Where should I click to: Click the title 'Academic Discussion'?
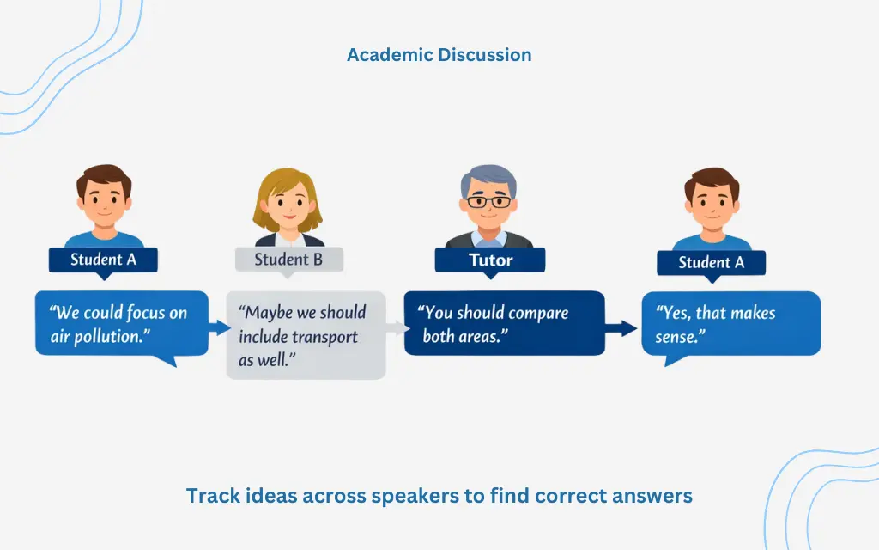coord(439,55)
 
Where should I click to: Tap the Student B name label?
coord(288,260)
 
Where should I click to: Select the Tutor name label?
coord(490,260)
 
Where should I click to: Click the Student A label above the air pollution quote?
coord(103,260)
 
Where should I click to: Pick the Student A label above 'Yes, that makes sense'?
coord(712,262)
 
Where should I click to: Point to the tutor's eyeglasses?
coord(488,201)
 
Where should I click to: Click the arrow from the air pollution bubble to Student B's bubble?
coord(219,327)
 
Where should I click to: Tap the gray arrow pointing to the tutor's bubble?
coord(397,327)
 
